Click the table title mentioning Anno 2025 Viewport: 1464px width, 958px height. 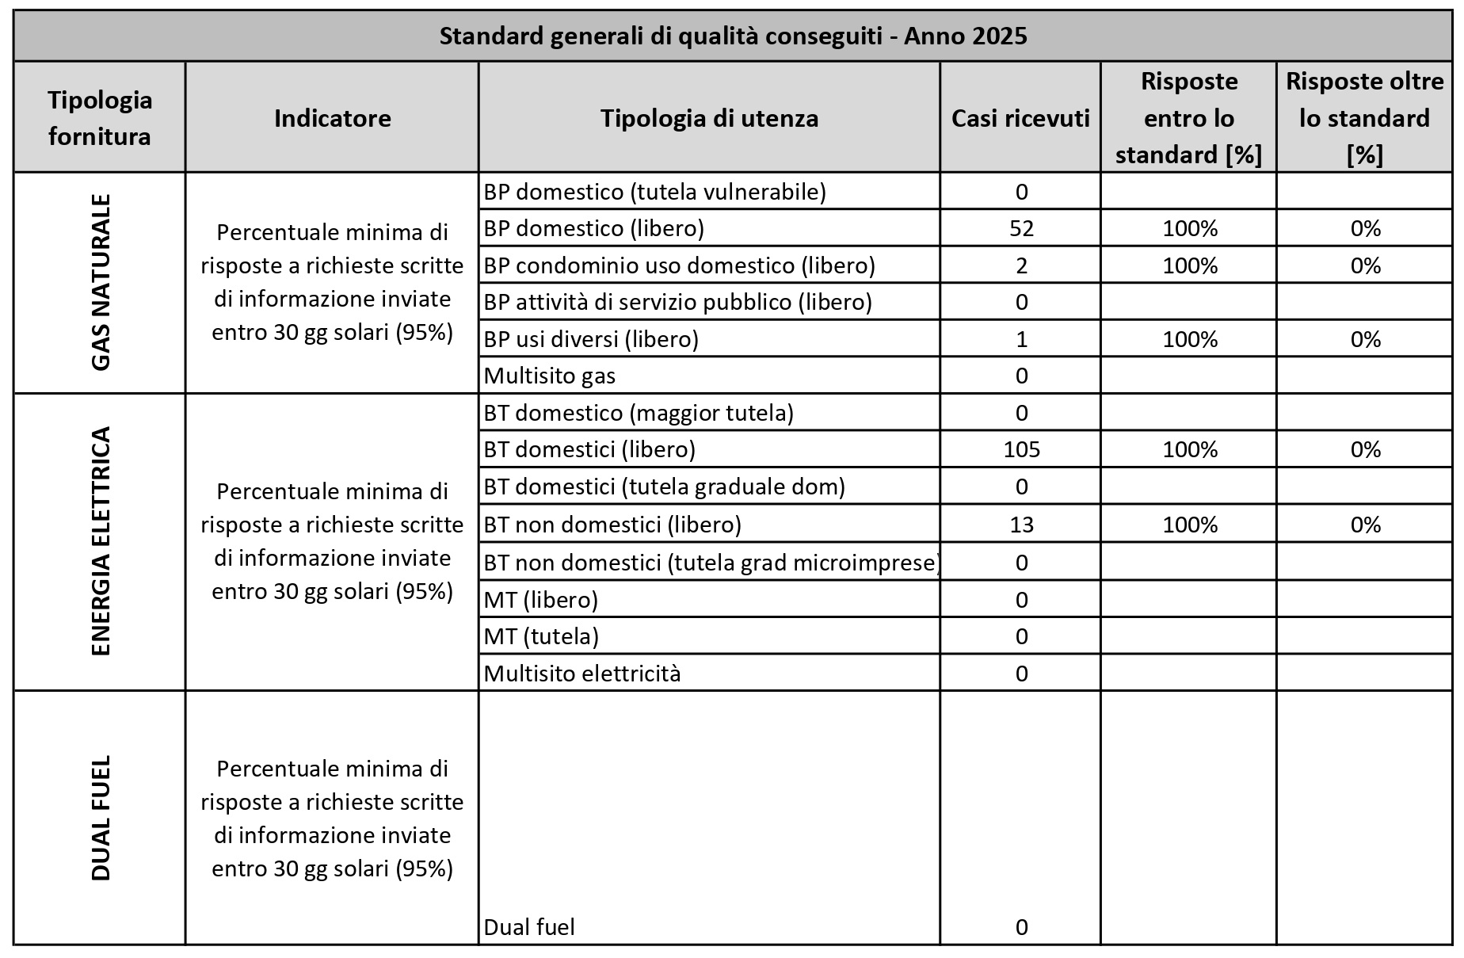[733, 36]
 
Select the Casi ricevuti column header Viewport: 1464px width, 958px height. [1020, 118]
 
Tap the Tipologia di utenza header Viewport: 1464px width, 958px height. [709, 118]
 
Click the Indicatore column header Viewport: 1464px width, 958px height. [332, 118]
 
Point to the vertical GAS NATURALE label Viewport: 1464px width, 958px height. [101, 282]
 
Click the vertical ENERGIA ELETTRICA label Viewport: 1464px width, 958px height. [101, 541]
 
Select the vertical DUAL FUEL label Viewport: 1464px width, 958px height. [101, 817]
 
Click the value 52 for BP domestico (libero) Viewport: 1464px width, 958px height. [1021, 228]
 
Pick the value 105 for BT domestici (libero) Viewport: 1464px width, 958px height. [1021, 449]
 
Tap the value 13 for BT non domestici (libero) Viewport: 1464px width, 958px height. [1021, 525]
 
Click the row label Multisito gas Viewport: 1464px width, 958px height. [549, 376]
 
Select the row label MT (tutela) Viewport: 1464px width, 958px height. [541, 636]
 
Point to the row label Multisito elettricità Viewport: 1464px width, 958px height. [582, 674]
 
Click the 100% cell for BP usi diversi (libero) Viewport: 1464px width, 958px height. [1189, 339]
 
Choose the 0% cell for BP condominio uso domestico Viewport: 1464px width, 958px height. [1365, 265]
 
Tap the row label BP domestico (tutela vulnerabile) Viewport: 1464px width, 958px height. [654, 192]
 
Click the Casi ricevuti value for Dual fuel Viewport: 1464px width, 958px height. [1021, 927]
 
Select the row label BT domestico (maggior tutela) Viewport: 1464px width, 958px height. [639, 413]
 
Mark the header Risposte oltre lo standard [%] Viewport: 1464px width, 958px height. [1364, 118]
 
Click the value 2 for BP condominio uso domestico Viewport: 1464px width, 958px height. [1021, 265]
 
